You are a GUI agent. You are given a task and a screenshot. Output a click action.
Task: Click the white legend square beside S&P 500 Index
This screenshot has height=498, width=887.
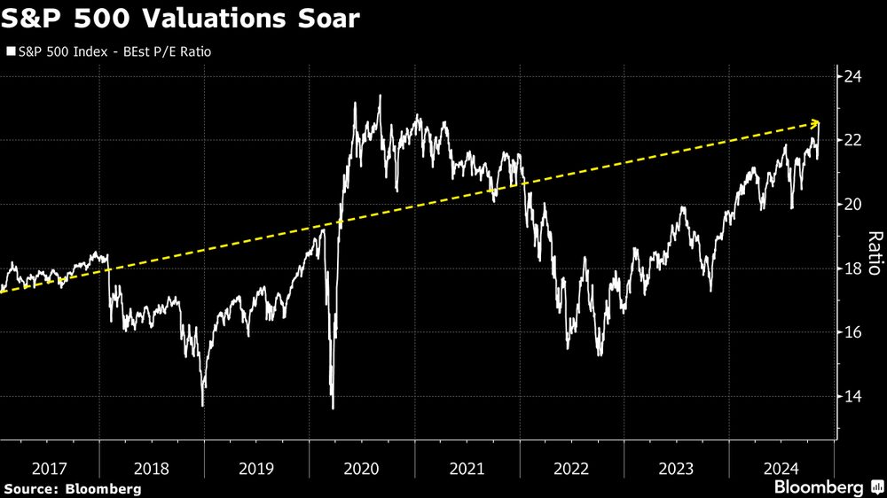[x=10, y=52]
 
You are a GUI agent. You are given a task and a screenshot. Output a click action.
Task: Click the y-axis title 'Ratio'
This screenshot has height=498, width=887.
[x=874, y=253]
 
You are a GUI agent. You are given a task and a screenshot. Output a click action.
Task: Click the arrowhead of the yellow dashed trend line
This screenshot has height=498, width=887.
[x=817, y=123]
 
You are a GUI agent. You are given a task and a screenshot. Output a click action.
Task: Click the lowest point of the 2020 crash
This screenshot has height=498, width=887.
[x=333, y=408]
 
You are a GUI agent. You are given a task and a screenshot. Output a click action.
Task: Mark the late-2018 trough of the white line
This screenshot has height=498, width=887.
[x=203, y=405]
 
